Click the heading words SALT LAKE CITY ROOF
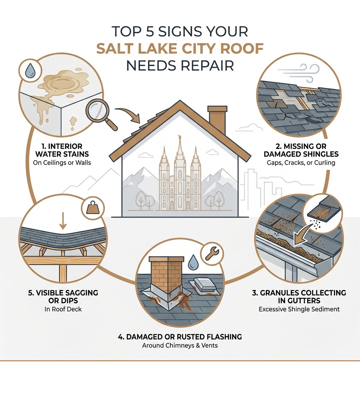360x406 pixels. [x=180, y=48]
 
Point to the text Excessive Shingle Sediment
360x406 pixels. [x=299, y=309]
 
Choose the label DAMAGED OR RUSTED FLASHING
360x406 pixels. [x=180, y=337]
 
